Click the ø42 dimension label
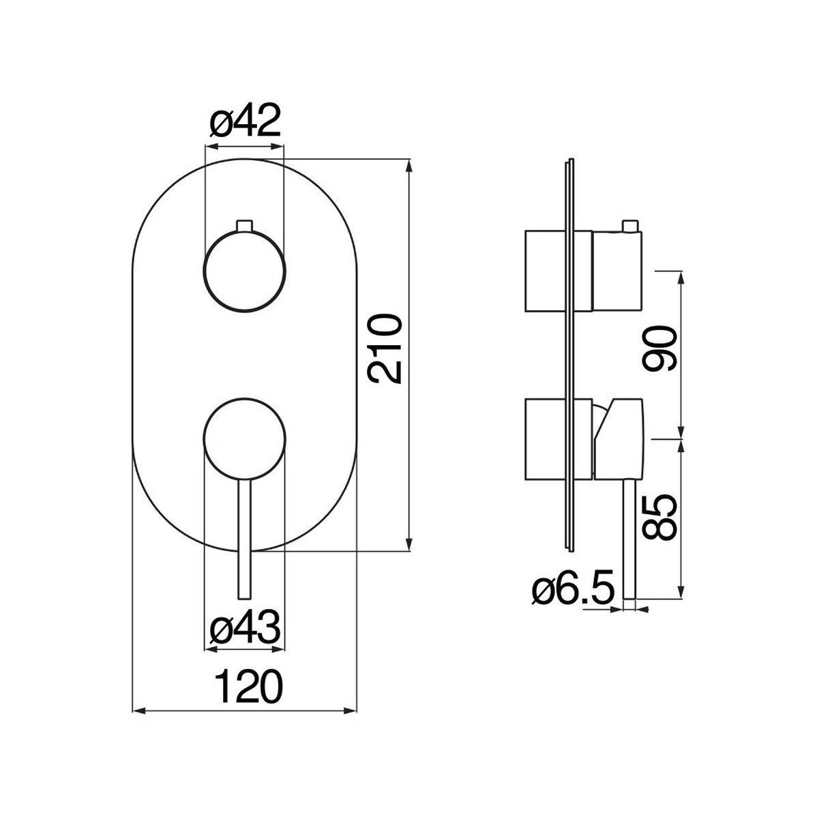[x=245, y=120]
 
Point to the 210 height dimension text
[x=385, y=348]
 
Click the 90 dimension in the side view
[x=659, y=348]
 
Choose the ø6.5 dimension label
[x=573, y=590]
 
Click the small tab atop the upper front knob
[x=245, y=226]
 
